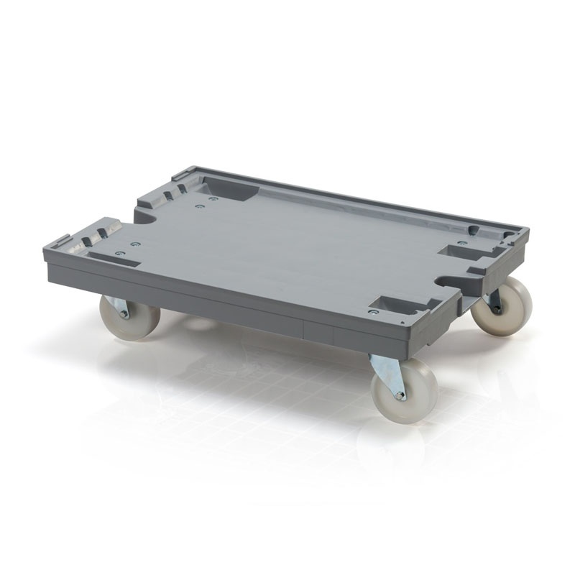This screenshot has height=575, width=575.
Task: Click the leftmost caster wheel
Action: pos(129,316)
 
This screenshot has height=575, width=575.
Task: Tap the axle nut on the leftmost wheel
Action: pos(124,314)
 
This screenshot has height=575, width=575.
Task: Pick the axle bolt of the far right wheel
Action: pos(497,309)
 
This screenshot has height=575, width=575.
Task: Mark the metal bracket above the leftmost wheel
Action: pos(116,303)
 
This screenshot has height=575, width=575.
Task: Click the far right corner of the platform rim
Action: pos(525,231)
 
